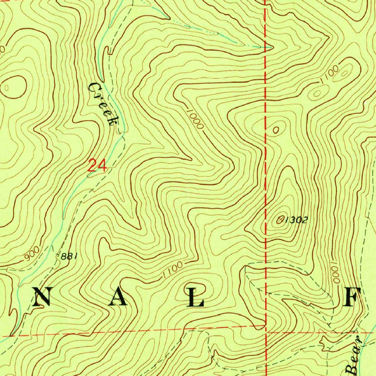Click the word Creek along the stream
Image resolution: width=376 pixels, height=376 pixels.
(104, 104)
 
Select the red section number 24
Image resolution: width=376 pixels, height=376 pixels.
(97, 166)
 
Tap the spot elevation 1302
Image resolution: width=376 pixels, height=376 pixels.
(296, 220)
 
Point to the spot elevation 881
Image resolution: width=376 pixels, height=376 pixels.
(69, 256)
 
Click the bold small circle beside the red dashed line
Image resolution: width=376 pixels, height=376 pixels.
(276, 129)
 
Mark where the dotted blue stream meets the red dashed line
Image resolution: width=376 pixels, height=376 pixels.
(265, 47)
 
